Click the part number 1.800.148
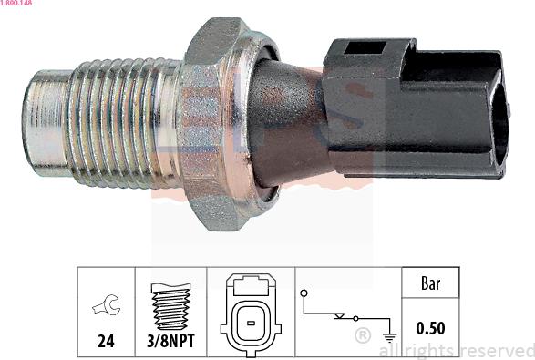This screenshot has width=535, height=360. coord(17,4)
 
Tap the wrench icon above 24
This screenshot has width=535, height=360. coord(107,307)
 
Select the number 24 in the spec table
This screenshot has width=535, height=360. coord(107,345)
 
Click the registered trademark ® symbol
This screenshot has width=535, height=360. coord(362,335)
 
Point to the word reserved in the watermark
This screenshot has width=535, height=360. coord(497,351)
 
